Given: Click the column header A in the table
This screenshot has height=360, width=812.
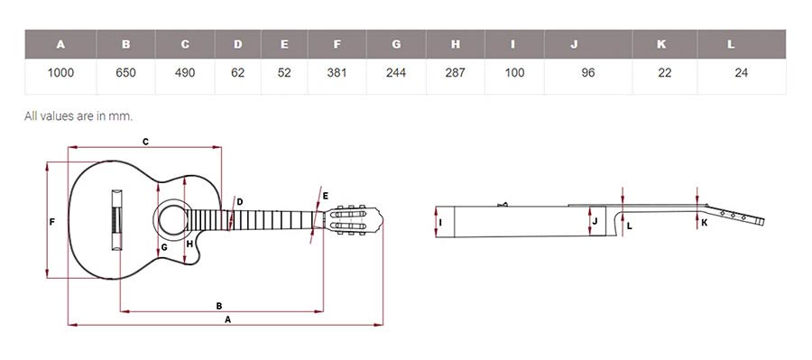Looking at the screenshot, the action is (60, 44).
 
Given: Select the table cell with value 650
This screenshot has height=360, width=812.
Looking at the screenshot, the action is (125, 73).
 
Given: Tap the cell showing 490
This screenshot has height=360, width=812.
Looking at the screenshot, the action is (185, 73).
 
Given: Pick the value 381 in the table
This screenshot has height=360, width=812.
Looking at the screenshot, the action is (337, 73).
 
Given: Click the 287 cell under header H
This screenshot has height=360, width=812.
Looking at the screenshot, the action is (456, 73).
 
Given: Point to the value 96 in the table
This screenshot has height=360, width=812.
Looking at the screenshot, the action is (587, 73).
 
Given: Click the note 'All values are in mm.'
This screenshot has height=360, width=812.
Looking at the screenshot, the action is (78, 116).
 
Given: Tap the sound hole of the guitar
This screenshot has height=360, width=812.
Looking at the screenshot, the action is (172, 219).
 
